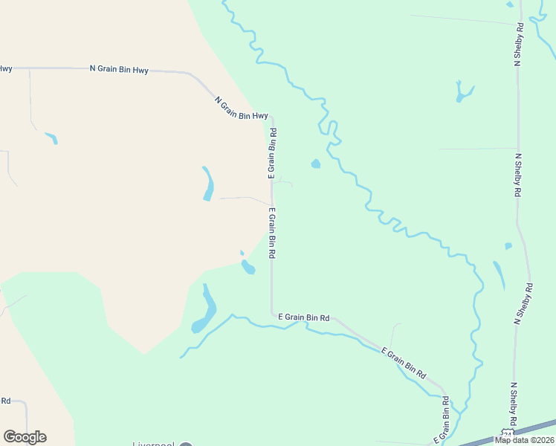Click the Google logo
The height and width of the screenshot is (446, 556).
click(25, 437)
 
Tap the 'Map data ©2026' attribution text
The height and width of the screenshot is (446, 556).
click(523, 439)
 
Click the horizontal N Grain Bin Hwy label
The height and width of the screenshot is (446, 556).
click(119, 70)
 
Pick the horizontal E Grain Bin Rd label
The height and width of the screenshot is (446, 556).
click(303, 317)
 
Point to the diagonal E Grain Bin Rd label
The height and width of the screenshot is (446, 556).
click(404, 361)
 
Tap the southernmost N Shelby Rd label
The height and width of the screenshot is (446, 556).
click(513, 404)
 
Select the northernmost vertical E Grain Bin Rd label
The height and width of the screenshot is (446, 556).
click(273, 153)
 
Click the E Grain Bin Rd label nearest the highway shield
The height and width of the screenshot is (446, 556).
click(445, 419)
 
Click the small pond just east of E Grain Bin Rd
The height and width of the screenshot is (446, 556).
click(316, 164)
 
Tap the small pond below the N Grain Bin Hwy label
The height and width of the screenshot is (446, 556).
click(51, 138)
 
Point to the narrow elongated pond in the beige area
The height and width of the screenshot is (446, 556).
click(208, 184)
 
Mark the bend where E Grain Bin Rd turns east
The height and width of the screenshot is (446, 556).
click(272, 314)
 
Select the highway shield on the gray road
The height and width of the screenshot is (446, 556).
click(507, 432)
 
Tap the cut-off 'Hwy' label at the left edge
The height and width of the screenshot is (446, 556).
click(5, 68)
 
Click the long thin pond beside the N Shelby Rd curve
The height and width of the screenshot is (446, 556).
click(499, 274)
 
